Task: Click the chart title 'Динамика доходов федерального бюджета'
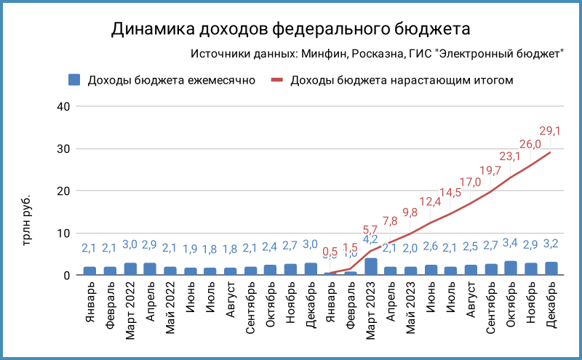pos(291,28)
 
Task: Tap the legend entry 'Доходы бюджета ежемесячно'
pos(171,80)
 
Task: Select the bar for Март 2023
pos(371,267)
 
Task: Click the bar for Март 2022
pos(130,269)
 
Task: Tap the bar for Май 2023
pos(411,271)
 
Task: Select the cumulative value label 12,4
pos(430,201)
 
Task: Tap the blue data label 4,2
pos(370,239)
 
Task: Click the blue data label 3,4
pos(510,242)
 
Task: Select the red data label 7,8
pos(390,221)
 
